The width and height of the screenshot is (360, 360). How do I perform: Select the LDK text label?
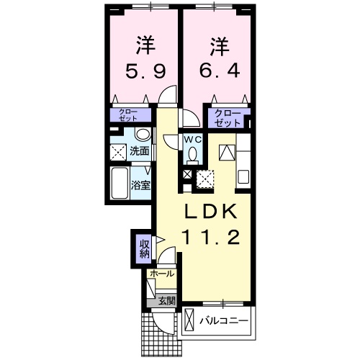(213, 212)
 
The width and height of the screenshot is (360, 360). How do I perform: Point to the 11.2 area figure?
(213, 238)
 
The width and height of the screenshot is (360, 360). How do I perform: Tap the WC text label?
(192, 139)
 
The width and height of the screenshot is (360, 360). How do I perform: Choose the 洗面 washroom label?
(140, 151)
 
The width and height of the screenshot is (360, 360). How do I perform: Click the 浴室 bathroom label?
(140, 184)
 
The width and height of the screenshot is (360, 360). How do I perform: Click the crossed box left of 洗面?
(118, 151)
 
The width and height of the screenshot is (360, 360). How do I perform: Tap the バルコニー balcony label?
(224, 318)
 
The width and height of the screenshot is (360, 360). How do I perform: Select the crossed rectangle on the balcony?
(190, 318)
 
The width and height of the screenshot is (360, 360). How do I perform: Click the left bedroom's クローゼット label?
(130, 114)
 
